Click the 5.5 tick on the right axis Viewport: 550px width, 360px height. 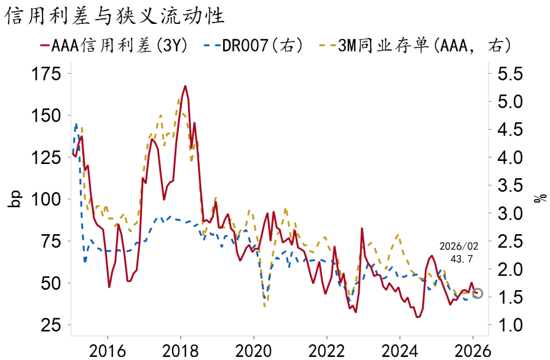[x=509, y=74]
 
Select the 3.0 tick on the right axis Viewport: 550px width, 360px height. [x=509, y=213]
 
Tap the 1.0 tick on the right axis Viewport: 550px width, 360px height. [x=509, y=324]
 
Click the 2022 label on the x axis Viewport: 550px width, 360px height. [x=326, y=351]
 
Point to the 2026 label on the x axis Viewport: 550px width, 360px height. [x=473, y=351]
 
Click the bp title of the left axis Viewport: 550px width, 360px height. [x=15, y=199]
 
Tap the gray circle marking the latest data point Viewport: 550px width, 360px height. [x=477, y=293]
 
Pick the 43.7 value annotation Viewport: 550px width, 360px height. [x=462, y=259]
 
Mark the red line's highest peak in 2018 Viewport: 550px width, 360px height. [x=185, y=86]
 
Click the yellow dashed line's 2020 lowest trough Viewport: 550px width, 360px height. [x=265, y=306]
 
